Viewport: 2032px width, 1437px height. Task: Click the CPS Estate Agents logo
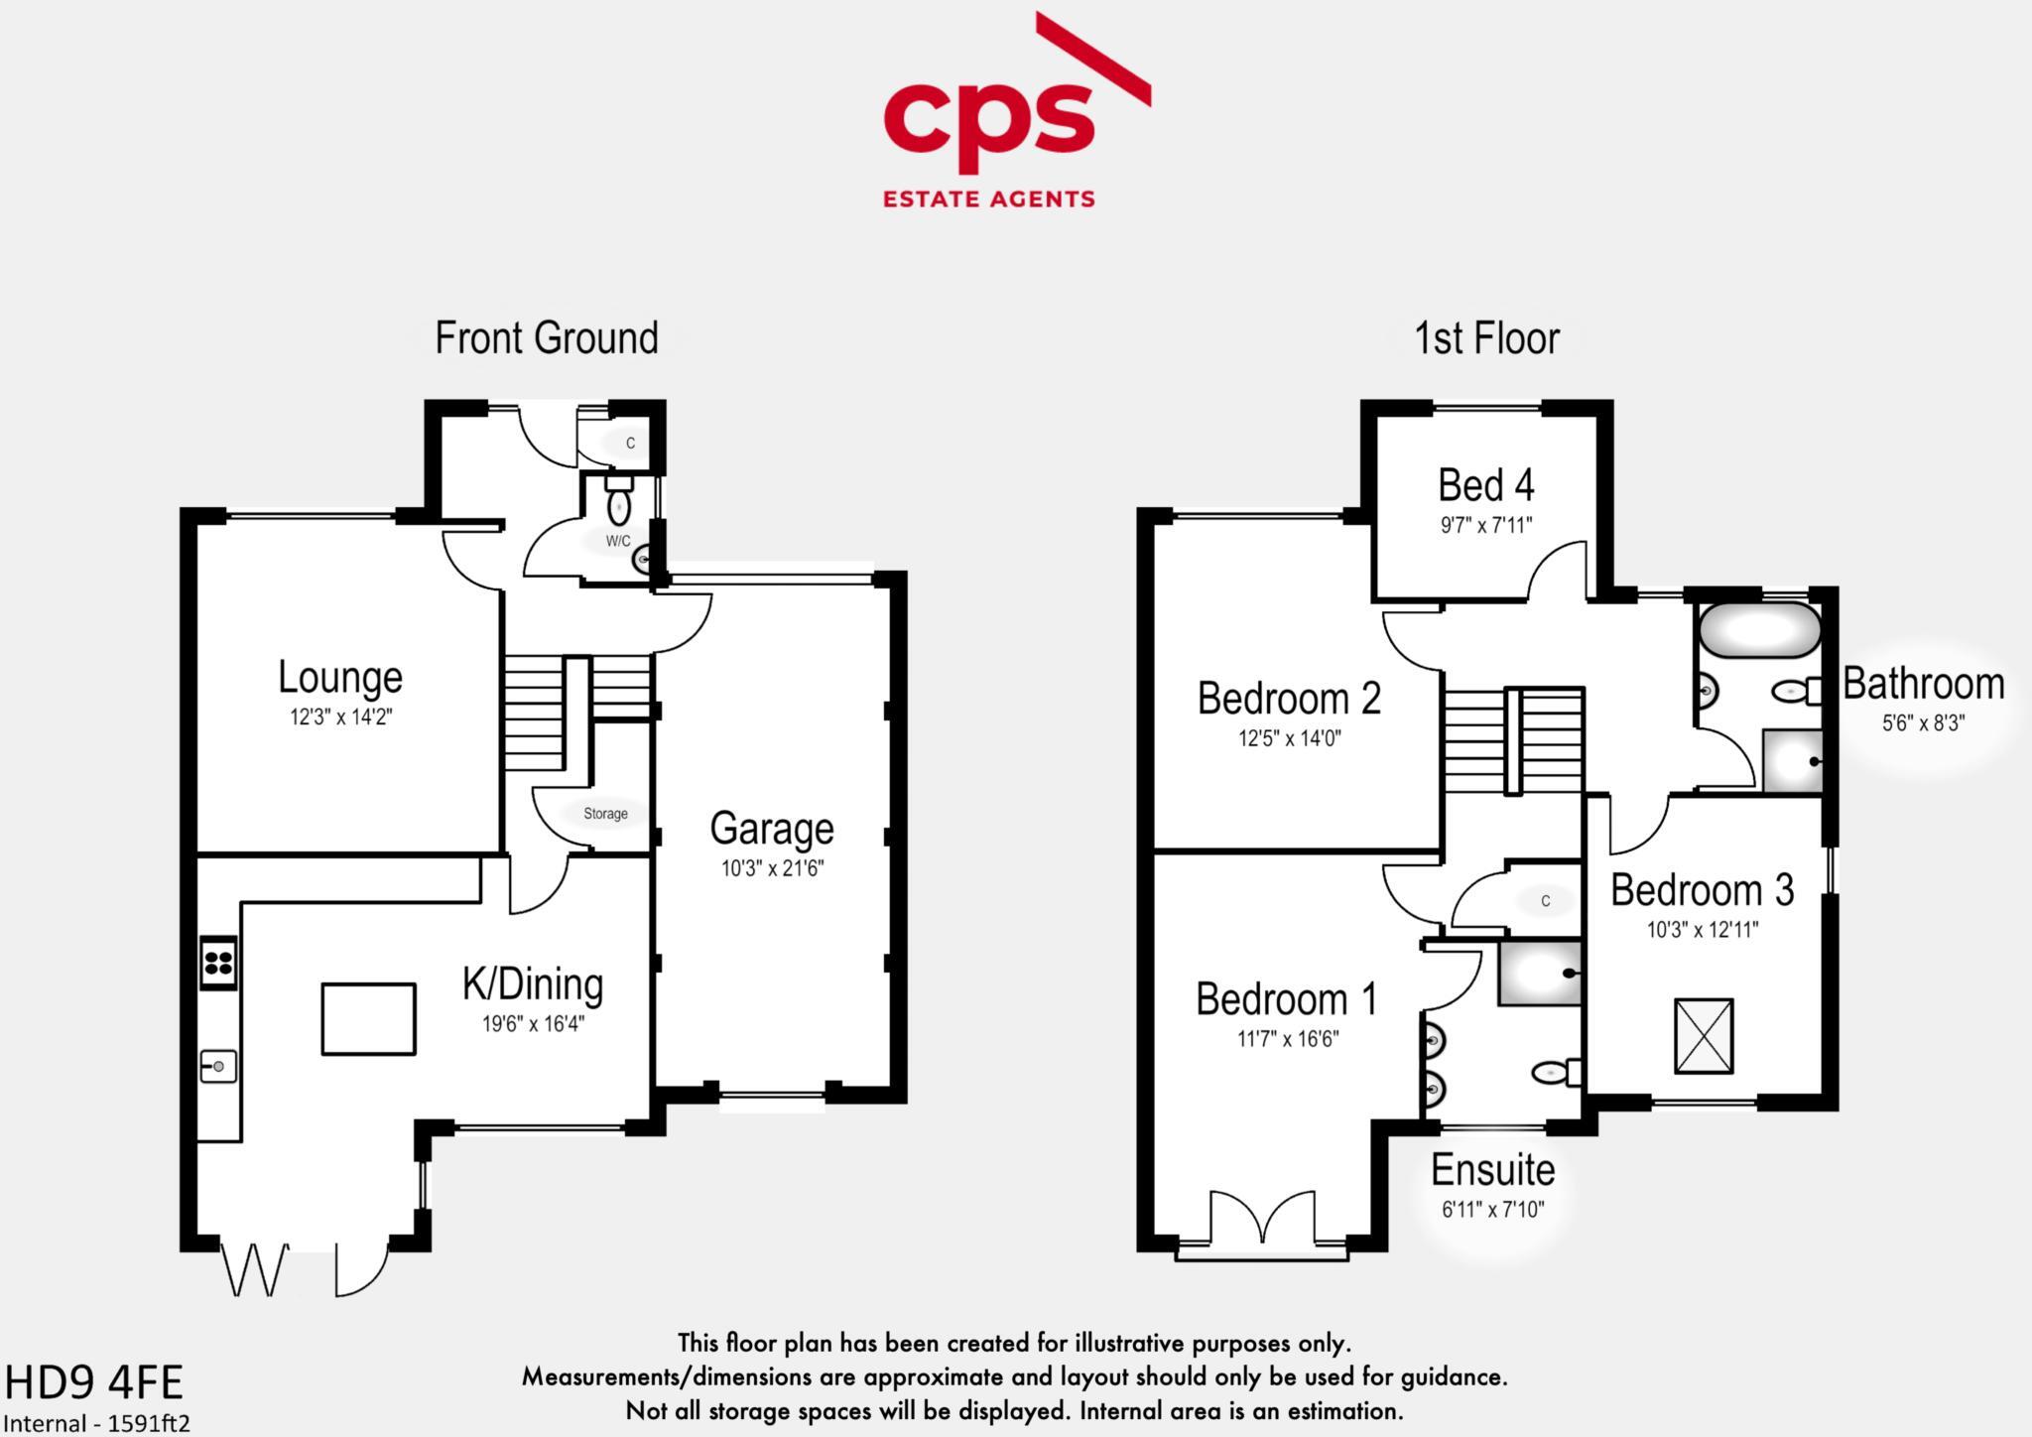click(x=1017, y=110)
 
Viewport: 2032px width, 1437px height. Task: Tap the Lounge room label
click(x=340, y=677)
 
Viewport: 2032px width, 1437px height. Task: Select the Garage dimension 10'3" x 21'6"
click(x=772, y=869)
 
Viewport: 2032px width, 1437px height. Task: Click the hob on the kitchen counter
click(x=218, y=962)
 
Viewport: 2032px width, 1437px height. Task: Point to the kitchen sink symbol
click(x=218, y=1067)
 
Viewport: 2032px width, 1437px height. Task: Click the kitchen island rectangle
click(x=368, y=1019)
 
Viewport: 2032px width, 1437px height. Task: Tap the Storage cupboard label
click(x=605, y=814)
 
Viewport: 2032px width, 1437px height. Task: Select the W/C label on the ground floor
click(x=618, y=541)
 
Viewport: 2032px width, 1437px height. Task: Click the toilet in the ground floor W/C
click(x=619, y=501)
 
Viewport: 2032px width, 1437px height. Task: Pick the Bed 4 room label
click(x=1486, y=485)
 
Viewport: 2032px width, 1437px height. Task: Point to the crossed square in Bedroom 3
click(x=1704, y=1036)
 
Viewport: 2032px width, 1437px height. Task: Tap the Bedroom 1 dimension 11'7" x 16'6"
click(x=1287, y=1039)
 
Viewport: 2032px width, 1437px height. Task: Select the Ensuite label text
click(x=1492, y=1170)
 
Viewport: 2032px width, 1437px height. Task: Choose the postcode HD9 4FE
click(x=94, y=1382)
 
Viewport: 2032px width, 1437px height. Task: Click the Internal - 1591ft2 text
click(x=97, y=1423)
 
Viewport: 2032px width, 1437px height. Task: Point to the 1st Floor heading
click(x=1486, y=338)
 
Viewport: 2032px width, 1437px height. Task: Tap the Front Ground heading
click(x=547, y=338)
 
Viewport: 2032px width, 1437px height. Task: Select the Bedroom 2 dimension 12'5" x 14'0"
click(x=1289, y=738)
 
